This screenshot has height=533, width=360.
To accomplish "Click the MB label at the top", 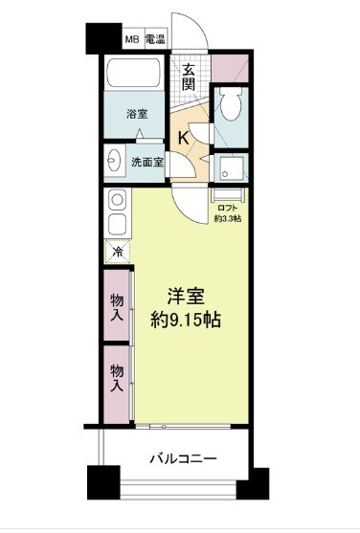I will click(131, 40).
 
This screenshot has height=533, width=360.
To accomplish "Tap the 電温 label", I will click(155, 40).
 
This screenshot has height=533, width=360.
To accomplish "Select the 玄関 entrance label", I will click(190, 76).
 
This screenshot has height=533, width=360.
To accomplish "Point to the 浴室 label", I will click(138, 114).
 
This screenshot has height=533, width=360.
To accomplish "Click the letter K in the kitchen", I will click(182, 138).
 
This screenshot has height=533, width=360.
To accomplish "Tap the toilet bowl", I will click(230, 107).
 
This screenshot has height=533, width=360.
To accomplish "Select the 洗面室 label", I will click(148, 162).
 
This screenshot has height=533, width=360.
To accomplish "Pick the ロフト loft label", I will click(228, 207).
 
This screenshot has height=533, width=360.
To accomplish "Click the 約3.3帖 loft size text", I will click(228, 218).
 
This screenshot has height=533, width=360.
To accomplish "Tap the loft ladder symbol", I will click(228, 190).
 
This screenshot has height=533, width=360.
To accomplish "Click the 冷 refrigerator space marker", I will click(116, 252).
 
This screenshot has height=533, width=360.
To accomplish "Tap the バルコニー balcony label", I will click(182, 459).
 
